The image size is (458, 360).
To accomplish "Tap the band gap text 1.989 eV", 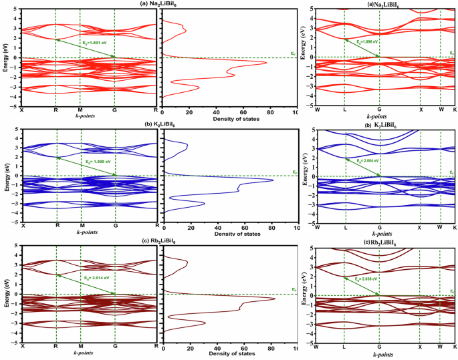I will pos(96,161).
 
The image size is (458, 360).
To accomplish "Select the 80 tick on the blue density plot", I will pos(269,228).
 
